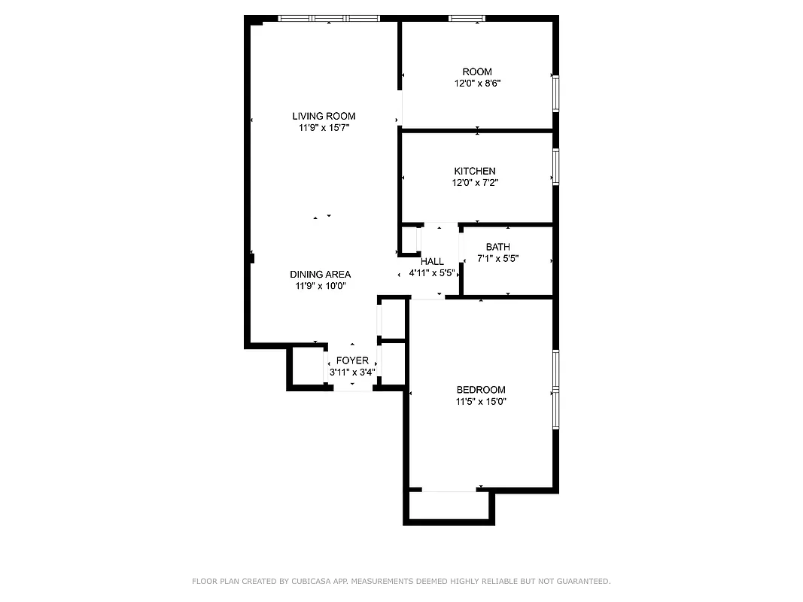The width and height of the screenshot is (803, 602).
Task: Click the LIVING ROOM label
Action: click(324, 116)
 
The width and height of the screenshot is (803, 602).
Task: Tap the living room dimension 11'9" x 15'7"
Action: click(324, 128)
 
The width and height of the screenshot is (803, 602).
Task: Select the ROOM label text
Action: click(477, 71)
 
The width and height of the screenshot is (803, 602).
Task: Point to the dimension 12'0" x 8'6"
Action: click(477, 84)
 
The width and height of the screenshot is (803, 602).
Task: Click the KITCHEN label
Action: click(474, 171)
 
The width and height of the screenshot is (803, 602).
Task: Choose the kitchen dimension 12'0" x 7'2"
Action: click(474, 183)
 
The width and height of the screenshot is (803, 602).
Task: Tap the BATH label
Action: click(497, 247)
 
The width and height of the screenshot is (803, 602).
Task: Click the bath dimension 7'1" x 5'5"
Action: click(497, 259)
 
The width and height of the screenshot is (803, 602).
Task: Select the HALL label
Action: click(432, 261)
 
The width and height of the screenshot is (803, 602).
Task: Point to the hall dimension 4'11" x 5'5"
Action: click(432, 273)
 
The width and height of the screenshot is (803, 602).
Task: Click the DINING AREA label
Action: click(320, 275)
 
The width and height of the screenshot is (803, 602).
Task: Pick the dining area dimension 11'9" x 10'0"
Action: click(320, 286)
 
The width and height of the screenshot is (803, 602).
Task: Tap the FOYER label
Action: click(352, 360)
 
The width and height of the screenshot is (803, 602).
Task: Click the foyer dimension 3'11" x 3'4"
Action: click(352, 372)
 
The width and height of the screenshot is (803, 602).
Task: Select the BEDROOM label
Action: click(481, 390)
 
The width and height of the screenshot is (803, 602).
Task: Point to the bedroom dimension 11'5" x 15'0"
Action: click(481, 402)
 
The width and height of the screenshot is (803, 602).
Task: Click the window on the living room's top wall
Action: click(328, 18)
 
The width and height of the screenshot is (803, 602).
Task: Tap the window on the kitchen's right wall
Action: click(556, 166)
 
